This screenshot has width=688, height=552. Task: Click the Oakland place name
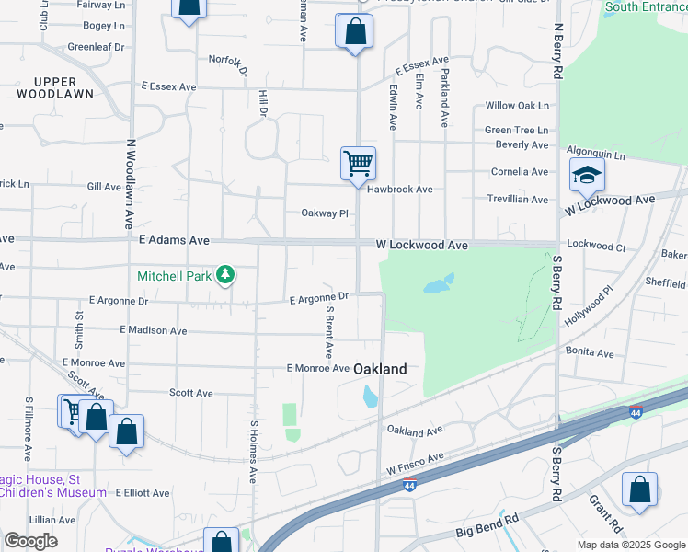[x=380, y=368]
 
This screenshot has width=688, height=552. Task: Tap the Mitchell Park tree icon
[x=224, y=275]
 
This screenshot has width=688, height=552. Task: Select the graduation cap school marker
[x=586, y=174]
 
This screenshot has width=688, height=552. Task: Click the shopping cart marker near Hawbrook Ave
[x=358, y=163]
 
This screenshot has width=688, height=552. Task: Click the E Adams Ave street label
[x=175, y=240]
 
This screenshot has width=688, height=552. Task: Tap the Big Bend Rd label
[x=487, y=527]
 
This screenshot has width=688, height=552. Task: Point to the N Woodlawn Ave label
[x=130, y=184]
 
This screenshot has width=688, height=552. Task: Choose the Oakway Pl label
[x=325, y=213]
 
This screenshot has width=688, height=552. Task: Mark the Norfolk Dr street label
[x=228, y=63]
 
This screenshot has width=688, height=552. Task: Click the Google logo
[x=30, y=541]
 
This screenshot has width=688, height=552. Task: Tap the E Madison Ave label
[x=153, y=330]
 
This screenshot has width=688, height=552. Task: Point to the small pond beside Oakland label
[x=371, y=397]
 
